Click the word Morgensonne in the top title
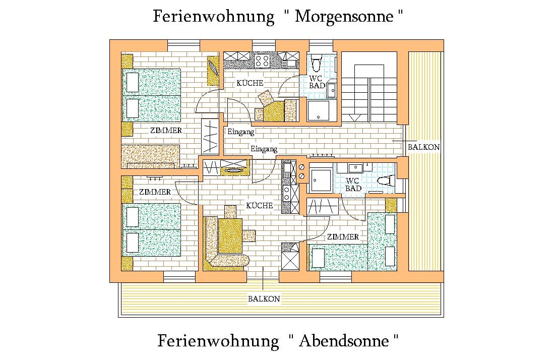tap(344, 17)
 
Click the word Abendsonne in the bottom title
tap(344, 341)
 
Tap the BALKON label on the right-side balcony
tap(423, 147)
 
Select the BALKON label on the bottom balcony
tap(264, 298)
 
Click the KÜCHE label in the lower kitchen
tap(260, 205)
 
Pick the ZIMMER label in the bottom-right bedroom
tap(343, 236)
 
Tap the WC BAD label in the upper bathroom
tap(317, 82)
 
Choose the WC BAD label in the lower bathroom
tap(353, 185)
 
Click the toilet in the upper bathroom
tap(317, 63)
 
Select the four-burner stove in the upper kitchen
tap(262, 61)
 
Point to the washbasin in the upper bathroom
tap(332, 90)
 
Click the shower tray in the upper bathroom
tap(318, 111)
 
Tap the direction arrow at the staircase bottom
tap(355, 117)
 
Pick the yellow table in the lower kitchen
tap(231, 235)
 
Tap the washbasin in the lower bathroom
tap(357, 167)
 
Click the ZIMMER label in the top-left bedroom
tap(166, 130)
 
